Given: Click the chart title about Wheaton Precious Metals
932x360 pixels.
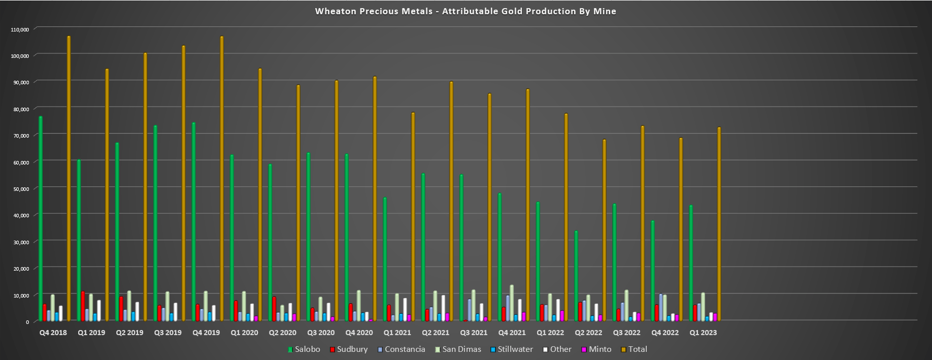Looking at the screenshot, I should pos(465,11).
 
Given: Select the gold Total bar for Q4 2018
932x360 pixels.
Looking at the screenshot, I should pos(69,178).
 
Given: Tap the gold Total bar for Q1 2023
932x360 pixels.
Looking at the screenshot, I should pos(719,223).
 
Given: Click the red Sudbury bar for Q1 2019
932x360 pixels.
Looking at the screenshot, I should pos(83,306).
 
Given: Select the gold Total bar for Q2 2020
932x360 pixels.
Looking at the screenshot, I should pos(298,203).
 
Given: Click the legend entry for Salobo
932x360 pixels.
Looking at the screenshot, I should pos(304,349).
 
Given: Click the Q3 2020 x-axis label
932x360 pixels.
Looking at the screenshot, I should pos(321,333).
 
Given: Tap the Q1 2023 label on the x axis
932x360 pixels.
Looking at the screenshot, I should pos(703,333).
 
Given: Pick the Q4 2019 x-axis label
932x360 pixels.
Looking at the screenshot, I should pos(206,333).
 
